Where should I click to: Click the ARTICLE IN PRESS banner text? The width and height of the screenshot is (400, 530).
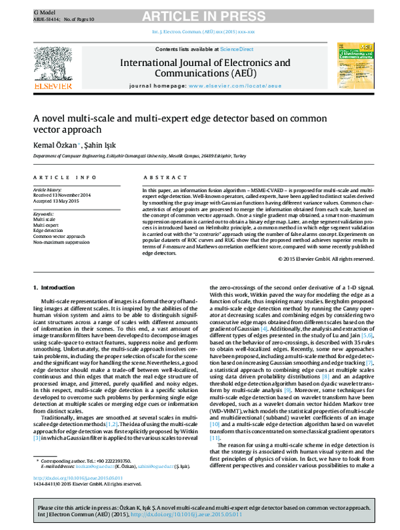pos(199,10)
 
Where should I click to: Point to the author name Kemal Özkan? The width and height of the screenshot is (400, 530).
pos(55,145)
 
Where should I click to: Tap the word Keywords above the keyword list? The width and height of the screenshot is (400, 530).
pos(45,214)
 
